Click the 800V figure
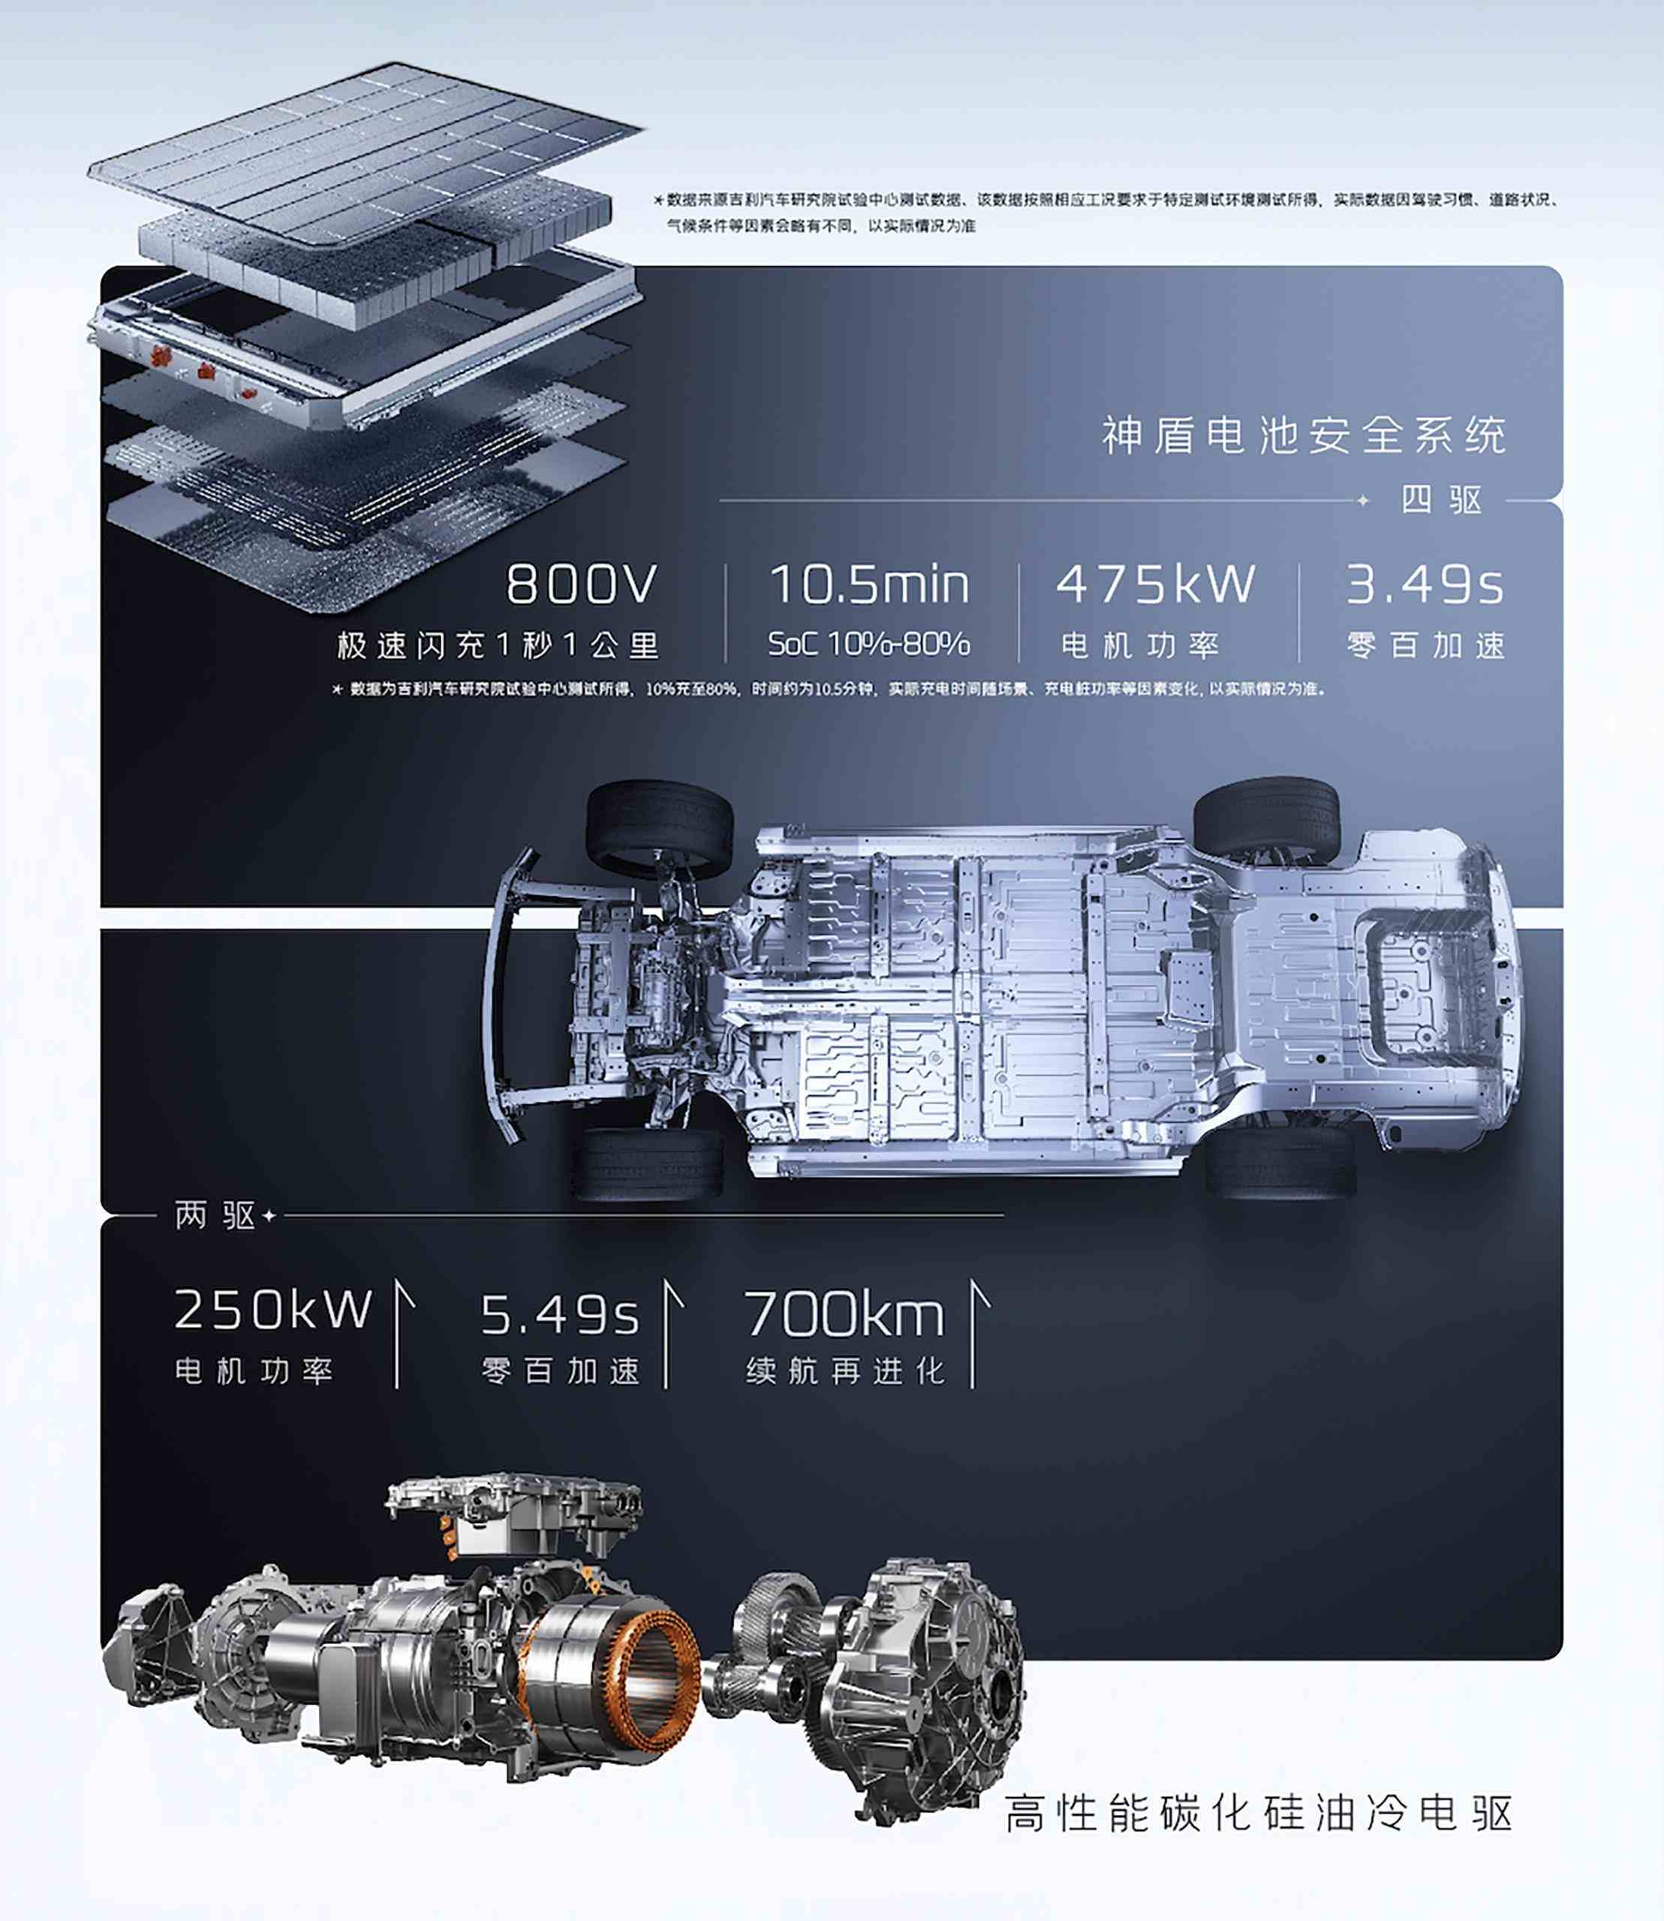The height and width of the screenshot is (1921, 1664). (581, 584)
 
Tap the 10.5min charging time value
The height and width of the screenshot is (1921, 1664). (869, 584)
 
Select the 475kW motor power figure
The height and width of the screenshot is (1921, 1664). (1155, 584)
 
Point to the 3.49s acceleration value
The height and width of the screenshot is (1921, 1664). (1425, 585)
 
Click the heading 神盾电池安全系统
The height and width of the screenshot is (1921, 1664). (1304, 435)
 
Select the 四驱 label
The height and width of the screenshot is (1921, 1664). (1441, 501)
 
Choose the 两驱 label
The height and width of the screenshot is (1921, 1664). (215, 1215)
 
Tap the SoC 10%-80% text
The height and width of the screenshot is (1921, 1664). (869, 643)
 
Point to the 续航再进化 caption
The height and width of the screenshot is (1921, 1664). (845, 1371)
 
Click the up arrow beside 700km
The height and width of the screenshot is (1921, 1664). (976, 1333)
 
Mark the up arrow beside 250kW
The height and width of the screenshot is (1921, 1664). (400, 1333)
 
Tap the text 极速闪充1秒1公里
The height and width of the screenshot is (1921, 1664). (498, 646)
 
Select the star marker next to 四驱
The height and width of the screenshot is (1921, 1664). (1363, 501)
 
